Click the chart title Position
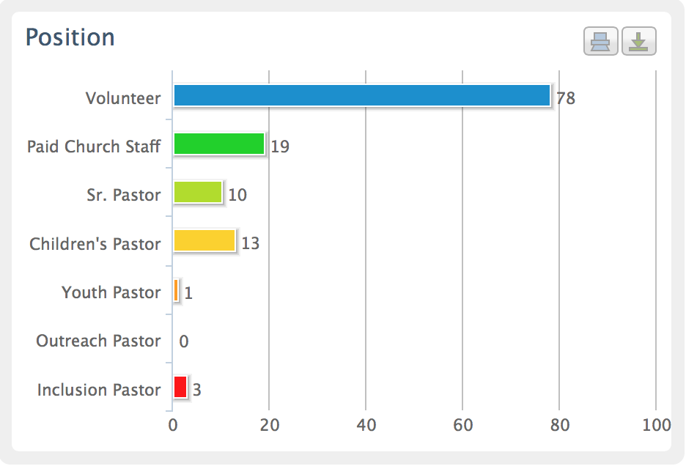(70, 37)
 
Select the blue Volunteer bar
(361, 96)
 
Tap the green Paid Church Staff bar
(218, 144)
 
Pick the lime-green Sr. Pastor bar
(197, 193)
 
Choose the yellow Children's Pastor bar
(204, 241)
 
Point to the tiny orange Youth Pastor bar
(176, 291)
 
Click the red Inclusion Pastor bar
(180, 387)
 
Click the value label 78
(566, 98)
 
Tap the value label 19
(280, 147)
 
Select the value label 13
(251, 243)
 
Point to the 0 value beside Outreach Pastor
(184, 341)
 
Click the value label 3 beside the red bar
(197, 390)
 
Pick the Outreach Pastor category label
(98, 341)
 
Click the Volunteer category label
(123, 98)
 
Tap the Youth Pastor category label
(111, 292)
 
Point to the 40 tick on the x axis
(366, 426)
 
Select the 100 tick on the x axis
(656, 426)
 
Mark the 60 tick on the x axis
(462, 426)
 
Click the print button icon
(601, 42)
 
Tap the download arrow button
(638, 42)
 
